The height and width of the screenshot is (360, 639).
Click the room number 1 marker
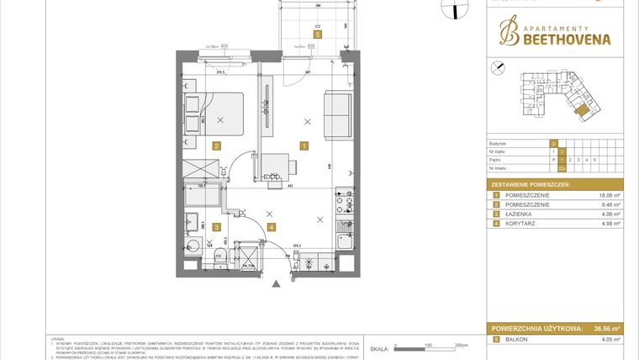pyautogui.click(x=304, y=146)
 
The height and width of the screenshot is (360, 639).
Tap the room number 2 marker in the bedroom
pyautogui.click(x=216, y=146)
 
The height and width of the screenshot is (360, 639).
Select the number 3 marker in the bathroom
pyautogui.click(x=216, y=226)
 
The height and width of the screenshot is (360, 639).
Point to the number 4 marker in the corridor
pyautogui.click(x=271, y=226)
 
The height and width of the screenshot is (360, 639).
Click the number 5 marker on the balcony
pyautogui.click(x=317, y=34)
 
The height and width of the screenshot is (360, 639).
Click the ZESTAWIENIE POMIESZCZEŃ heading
pyautogui.click(x=531, y=183)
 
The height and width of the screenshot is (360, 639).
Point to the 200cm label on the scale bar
pyautogui.click(x=460, y=345)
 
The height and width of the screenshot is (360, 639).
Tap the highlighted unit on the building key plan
pyautogui.click(x=579, y=109)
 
